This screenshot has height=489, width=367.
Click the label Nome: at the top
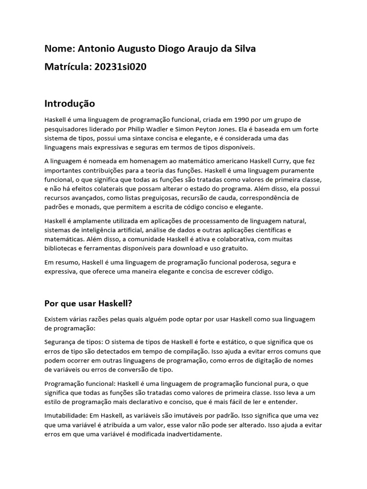pyautogui.click(x=59, y=49)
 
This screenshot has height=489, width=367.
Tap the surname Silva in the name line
pyautogui.click(x=243, y=49)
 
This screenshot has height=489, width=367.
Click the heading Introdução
pyautogui.click(x=70, y=104)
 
